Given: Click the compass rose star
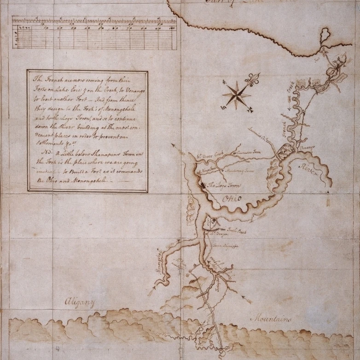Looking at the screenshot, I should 236,95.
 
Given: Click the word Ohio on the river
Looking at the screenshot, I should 231,199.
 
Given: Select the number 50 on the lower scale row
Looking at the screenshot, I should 102,28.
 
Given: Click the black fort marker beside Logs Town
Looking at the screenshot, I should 203,185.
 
